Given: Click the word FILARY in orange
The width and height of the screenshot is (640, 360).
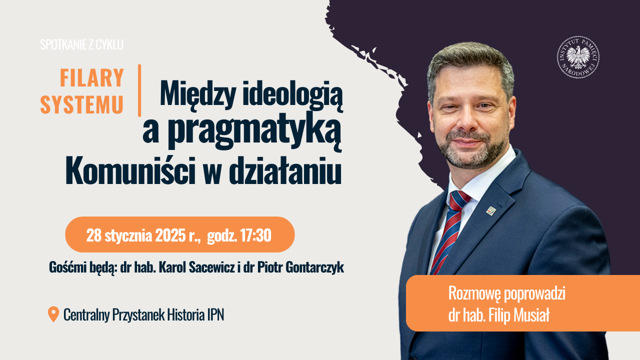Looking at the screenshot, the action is [x=91, y=77].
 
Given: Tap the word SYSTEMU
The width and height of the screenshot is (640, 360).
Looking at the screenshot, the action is [x=81, y=105].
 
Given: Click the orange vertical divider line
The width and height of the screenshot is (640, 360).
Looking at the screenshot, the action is [x=139, y=90].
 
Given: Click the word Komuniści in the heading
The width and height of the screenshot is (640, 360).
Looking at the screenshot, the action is [x=131, y=171].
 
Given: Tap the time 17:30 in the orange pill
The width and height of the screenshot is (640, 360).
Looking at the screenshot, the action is [x=255, y=235].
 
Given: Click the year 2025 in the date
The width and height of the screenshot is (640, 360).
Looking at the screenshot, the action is [x=170, y=235].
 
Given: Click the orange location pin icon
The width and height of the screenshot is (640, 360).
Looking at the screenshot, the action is [x=53, y=314].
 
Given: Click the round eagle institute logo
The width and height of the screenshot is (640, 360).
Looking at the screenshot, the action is [x=578, y=57].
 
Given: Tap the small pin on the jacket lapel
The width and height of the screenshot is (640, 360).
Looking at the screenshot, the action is [x=491, y=210].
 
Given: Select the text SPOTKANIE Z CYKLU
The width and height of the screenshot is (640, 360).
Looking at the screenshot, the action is [x=81, y=45].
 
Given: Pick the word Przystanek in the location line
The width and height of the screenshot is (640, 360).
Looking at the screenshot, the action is [x=138, y=315].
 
